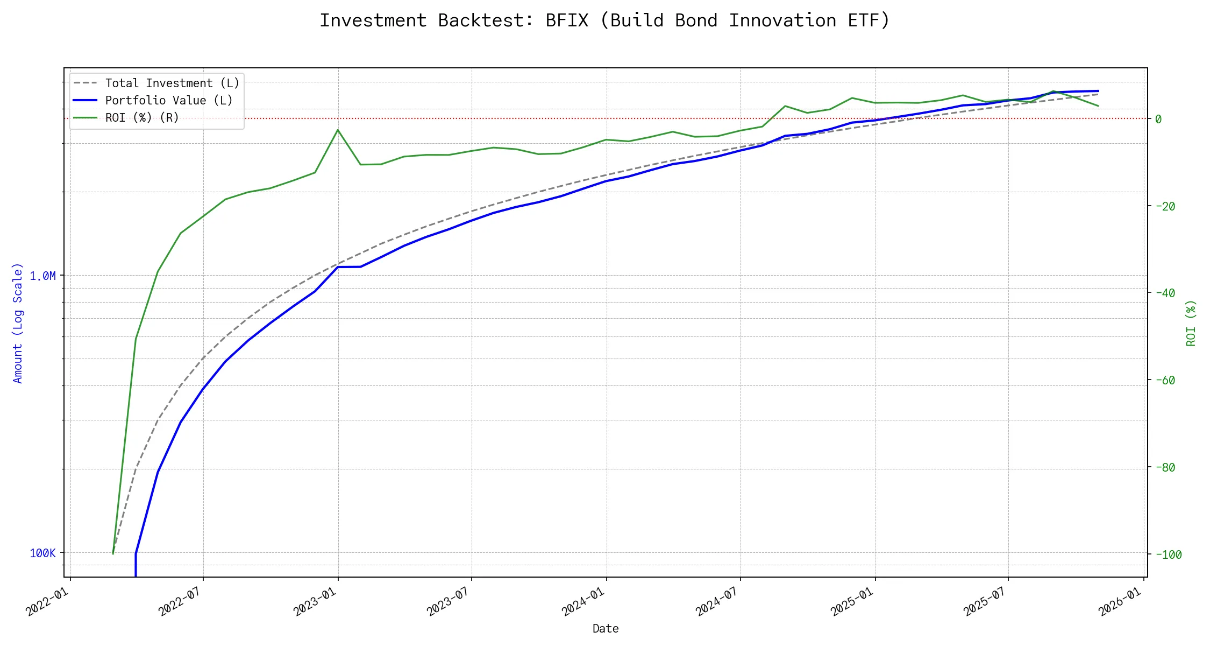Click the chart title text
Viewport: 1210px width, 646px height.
pos(605,20)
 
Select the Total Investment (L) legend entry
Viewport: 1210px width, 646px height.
pos(172,83)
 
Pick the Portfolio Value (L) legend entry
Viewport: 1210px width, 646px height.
pos(169,101)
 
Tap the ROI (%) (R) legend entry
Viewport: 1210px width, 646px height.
pos(142,118)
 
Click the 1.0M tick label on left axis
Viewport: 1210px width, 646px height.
pos(42,276)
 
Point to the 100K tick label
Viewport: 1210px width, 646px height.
pos(42,553)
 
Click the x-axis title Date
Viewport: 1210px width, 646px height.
pos(606,629)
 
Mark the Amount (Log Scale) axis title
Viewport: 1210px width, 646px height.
pos(18,323)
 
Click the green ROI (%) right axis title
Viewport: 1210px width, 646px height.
pos(1191,323)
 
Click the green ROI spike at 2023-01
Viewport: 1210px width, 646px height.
pos(338,130)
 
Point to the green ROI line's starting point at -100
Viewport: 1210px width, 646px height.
pos(113,553)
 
